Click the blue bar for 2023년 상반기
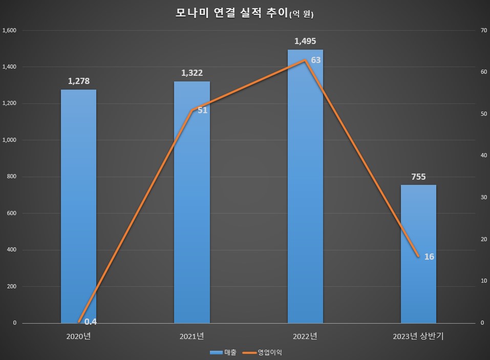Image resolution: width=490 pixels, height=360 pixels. (x=418, y=256)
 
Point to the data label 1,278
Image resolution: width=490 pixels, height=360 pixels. (x=78, y=81)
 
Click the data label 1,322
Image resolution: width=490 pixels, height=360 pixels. (x=191, y=73)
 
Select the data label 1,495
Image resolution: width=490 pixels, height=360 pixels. (x=305, y=40)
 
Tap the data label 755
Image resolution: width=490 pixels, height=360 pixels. (x=418, y=177)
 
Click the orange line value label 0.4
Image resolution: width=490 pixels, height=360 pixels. (x=91, y=322)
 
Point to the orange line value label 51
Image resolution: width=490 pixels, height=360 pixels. (x=202, y=110)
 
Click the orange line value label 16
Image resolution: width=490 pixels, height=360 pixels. (x=429, y=256)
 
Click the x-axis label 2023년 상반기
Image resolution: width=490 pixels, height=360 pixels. (x=418, y=336)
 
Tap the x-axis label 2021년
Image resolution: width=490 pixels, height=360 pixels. (x=191, y=336)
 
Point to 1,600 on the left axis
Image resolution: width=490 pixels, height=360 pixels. (x=10, y=30)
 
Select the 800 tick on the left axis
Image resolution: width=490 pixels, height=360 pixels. (x=11, y=177)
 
